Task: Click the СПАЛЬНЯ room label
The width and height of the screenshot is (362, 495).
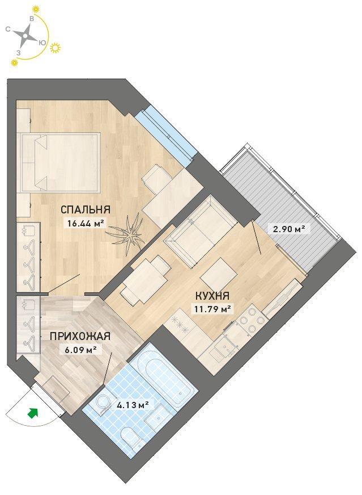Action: pyautogui.click(x=85, y=209)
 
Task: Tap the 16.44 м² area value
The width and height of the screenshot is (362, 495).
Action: pyautogui.click(x=86, y=224)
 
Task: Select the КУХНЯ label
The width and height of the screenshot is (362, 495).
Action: pyautogui.click(x=212, y=296)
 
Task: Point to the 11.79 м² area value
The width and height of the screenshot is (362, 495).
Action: pyautogui.click(x=213, y=309)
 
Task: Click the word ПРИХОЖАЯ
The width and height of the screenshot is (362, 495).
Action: pyautogui.click(x=80, y=336)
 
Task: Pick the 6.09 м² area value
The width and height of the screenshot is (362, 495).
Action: pyautogui.click(x=78, y=350)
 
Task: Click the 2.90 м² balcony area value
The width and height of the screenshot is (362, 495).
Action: pyautogui.click(x=287, y=228)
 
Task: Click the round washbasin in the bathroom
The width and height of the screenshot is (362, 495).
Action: pyautogui.click(x=102, y=402)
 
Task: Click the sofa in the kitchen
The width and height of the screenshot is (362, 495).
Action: pyautogui.click(x=200, y=232)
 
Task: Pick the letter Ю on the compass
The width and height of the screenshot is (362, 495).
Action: pyautogui.click(x=41, y=43)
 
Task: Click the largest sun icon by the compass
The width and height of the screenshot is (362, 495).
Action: pyautogui.click(x=56, y=48)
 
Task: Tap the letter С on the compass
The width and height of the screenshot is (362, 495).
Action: pyautogui.click(x=8, y=30)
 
